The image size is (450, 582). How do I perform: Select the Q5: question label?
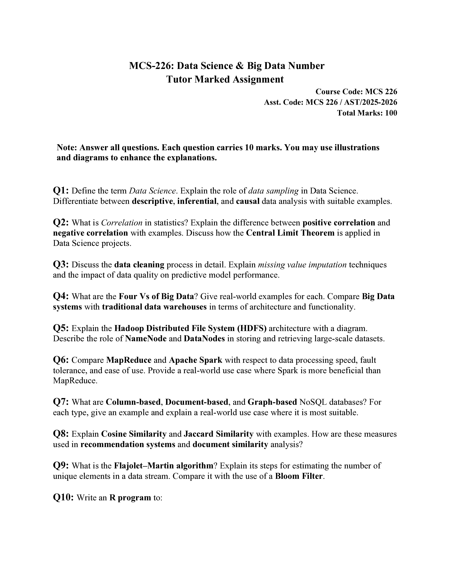click(61, 328)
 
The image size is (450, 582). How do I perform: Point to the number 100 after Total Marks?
click(391, 113)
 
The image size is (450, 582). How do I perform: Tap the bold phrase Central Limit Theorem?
click(290, 233)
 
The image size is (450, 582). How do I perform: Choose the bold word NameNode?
click(146, 338)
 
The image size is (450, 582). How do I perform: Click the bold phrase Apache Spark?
click(195, 360)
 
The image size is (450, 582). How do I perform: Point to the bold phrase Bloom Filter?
click(299, 476)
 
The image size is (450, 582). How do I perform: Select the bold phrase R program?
click(130, 497)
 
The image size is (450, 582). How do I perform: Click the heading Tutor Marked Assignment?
click(225, 79)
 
